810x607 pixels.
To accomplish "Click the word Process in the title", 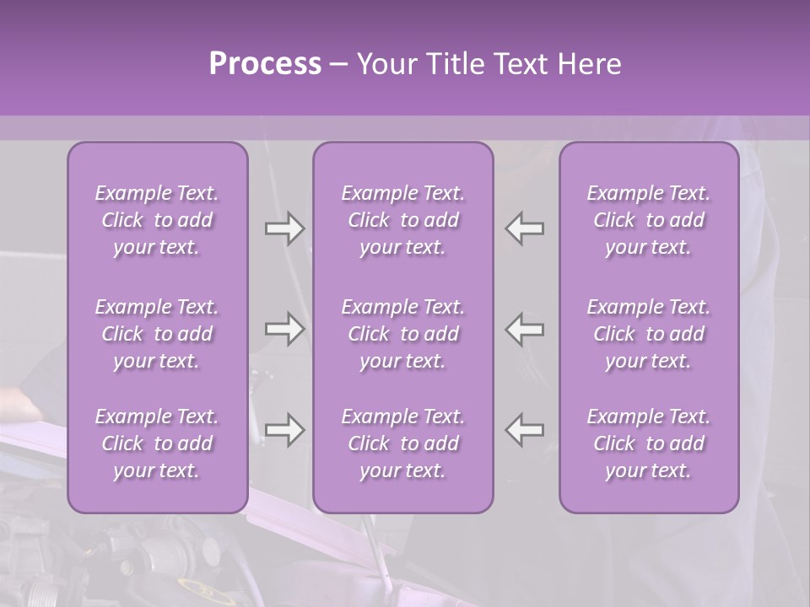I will [265, 65].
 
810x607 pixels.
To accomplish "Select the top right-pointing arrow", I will [284, 228].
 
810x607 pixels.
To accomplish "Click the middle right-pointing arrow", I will [284, 329].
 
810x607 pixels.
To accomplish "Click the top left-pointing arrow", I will [525, 228].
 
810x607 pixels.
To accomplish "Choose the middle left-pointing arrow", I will [525, 329].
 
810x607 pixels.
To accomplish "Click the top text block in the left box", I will [157, 220].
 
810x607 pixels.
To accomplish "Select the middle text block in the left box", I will [157, 334].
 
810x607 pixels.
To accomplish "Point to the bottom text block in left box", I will [157, 443].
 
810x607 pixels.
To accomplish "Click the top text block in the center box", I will [403, 220].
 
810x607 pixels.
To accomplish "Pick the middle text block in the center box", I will [403, 334].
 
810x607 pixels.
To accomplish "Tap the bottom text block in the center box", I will [403, 443].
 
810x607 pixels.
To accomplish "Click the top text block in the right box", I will [649, 220].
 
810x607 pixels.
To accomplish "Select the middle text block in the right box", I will [649, 334].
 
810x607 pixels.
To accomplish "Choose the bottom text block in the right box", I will [649, 443].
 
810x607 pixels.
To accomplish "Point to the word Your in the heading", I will [384, 65].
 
